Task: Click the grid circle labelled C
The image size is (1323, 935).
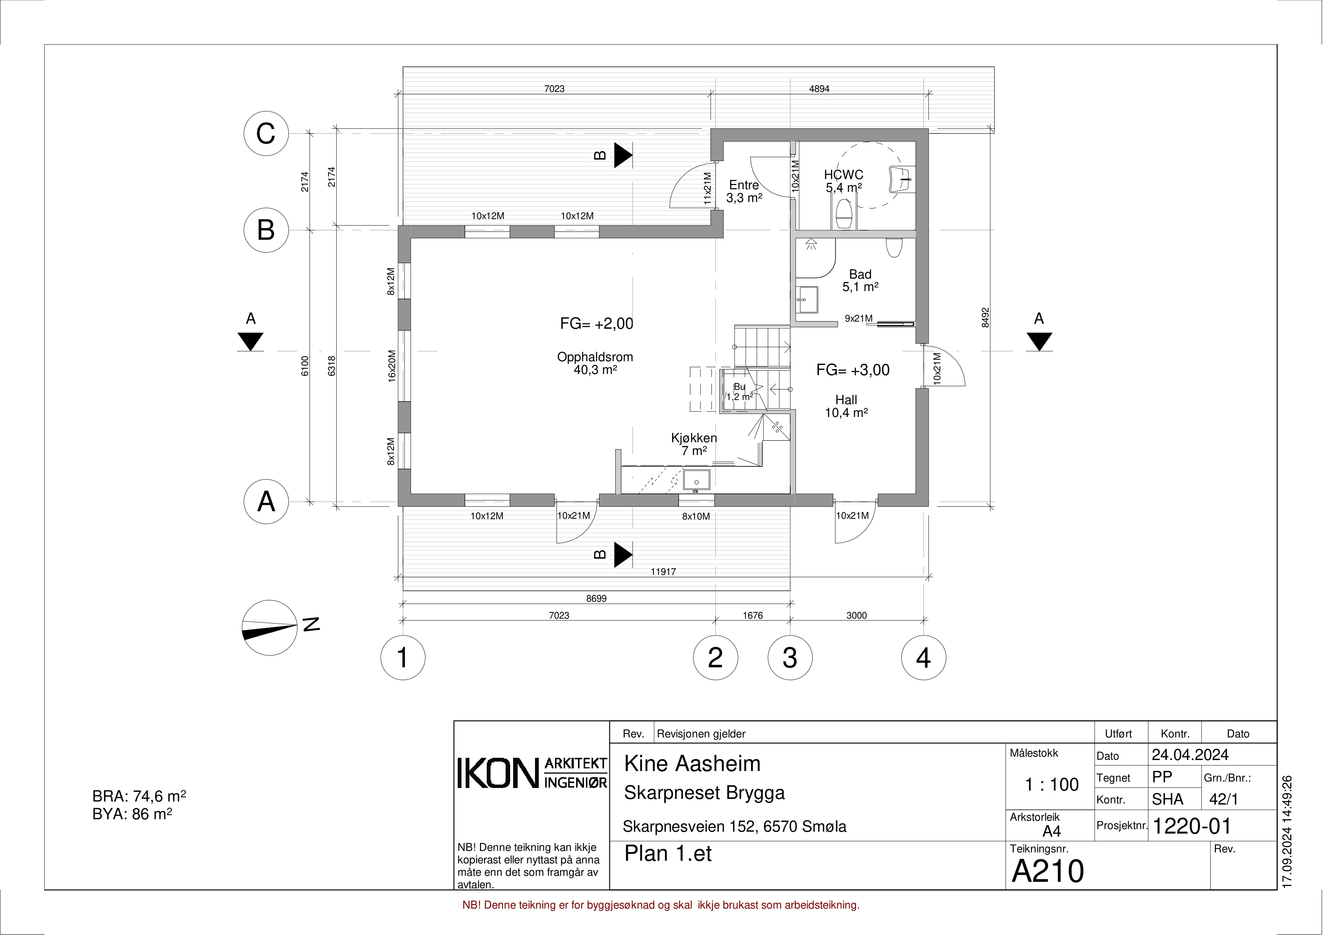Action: tap(266, 134)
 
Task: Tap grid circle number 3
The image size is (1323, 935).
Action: tap(790, 657)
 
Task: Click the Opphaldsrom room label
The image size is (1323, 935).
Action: tap(595, 357)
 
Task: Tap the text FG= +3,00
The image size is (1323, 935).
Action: tap(853, 370)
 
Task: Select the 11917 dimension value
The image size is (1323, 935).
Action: tap(663, 572)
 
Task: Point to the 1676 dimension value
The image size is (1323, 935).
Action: tap(753, 615)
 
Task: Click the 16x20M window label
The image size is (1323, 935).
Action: tap(392, 366)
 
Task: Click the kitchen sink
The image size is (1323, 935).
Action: tap(696, 479)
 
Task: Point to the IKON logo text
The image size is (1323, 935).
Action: tap(499, 773)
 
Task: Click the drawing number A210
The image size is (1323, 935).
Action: tap(1047, 871)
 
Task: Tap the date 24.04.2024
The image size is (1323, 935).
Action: tap(1190, 755)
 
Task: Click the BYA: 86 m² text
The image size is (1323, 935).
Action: tap(133, 814)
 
